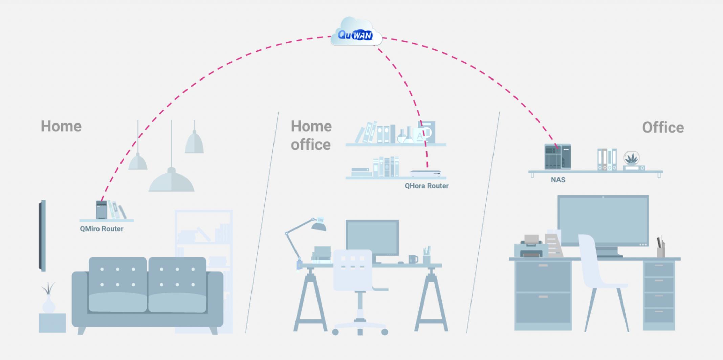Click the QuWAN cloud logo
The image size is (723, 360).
click(x=356, y=34)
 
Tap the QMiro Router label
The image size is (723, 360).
click(x=102, y=229)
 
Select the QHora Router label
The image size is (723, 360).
click(x=426, y=186)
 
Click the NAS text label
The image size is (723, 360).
click(x=558, y=180)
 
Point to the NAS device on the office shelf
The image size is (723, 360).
click(x=557, y=157)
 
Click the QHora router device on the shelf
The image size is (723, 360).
click(x=425, y=173)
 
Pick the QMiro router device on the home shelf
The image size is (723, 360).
click(x=101, y=210)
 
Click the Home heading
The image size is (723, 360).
click(x=61, y=127)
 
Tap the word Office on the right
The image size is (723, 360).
click(x=663, y=128)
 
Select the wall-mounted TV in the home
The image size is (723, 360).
click(x=42, y=235)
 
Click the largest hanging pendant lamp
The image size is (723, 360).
click(x=171, y=181)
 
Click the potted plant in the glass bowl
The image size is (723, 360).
click(x=632, y=159)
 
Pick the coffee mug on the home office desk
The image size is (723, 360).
click(x=413, y=259)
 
